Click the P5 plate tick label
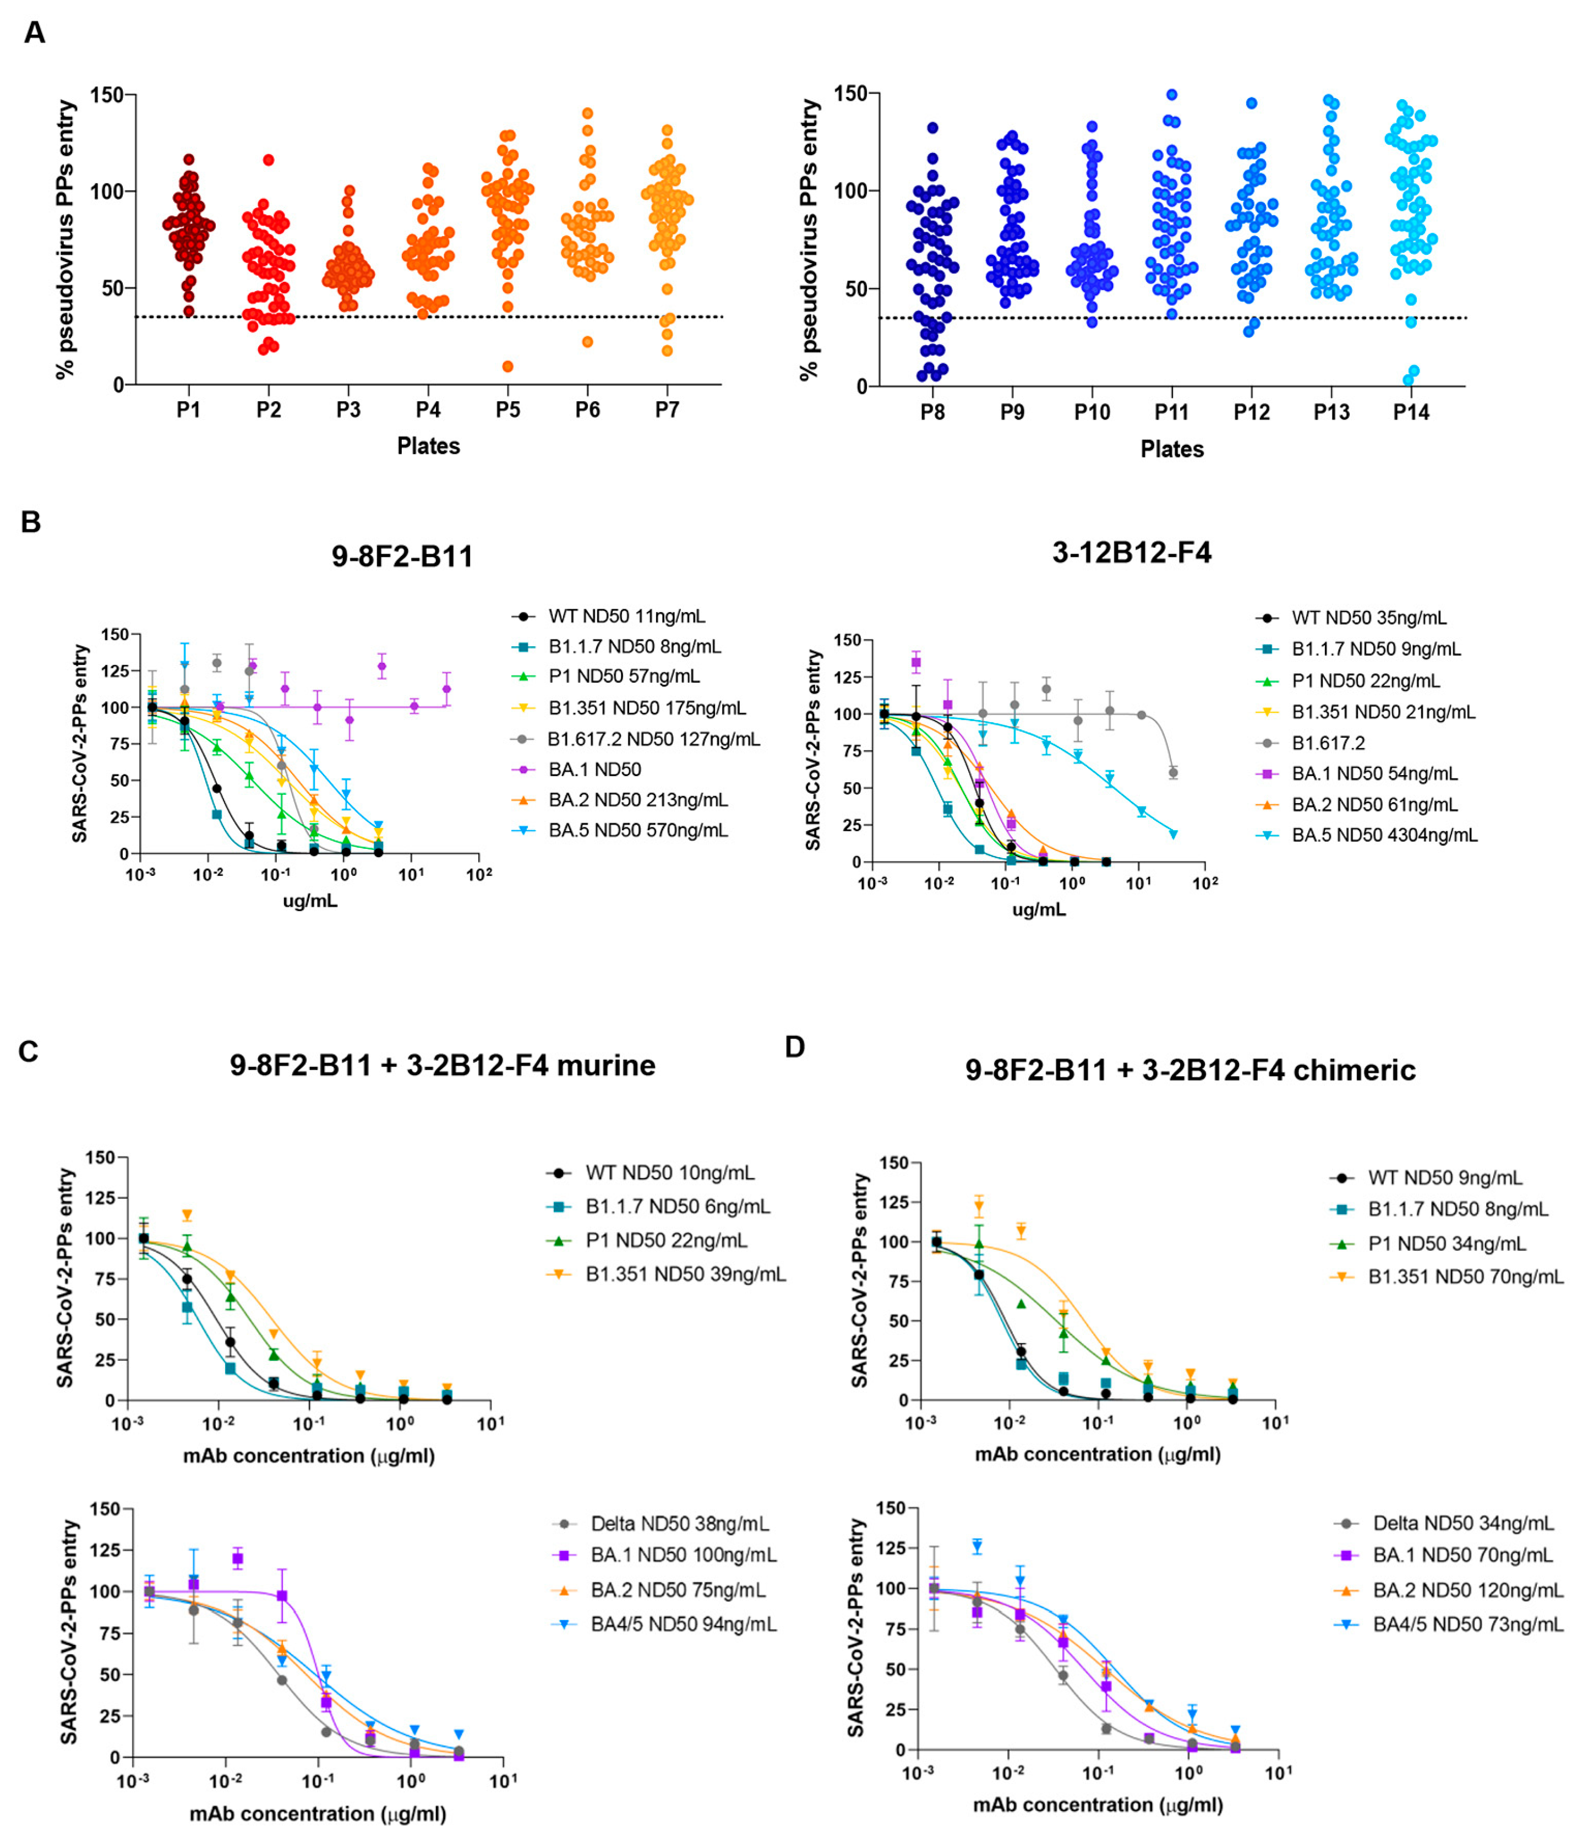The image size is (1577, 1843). [508, 410]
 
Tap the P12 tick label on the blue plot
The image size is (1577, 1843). [1252, 413]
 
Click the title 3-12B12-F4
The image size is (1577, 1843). [1131, 553]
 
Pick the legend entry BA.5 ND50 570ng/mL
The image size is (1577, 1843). [638, 830]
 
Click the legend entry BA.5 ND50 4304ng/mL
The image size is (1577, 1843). [1384, 835]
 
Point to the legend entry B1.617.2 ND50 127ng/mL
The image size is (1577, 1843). [653, 738]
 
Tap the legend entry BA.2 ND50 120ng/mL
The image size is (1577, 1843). [1467, 1589]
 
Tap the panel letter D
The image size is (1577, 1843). [794, 1046]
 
